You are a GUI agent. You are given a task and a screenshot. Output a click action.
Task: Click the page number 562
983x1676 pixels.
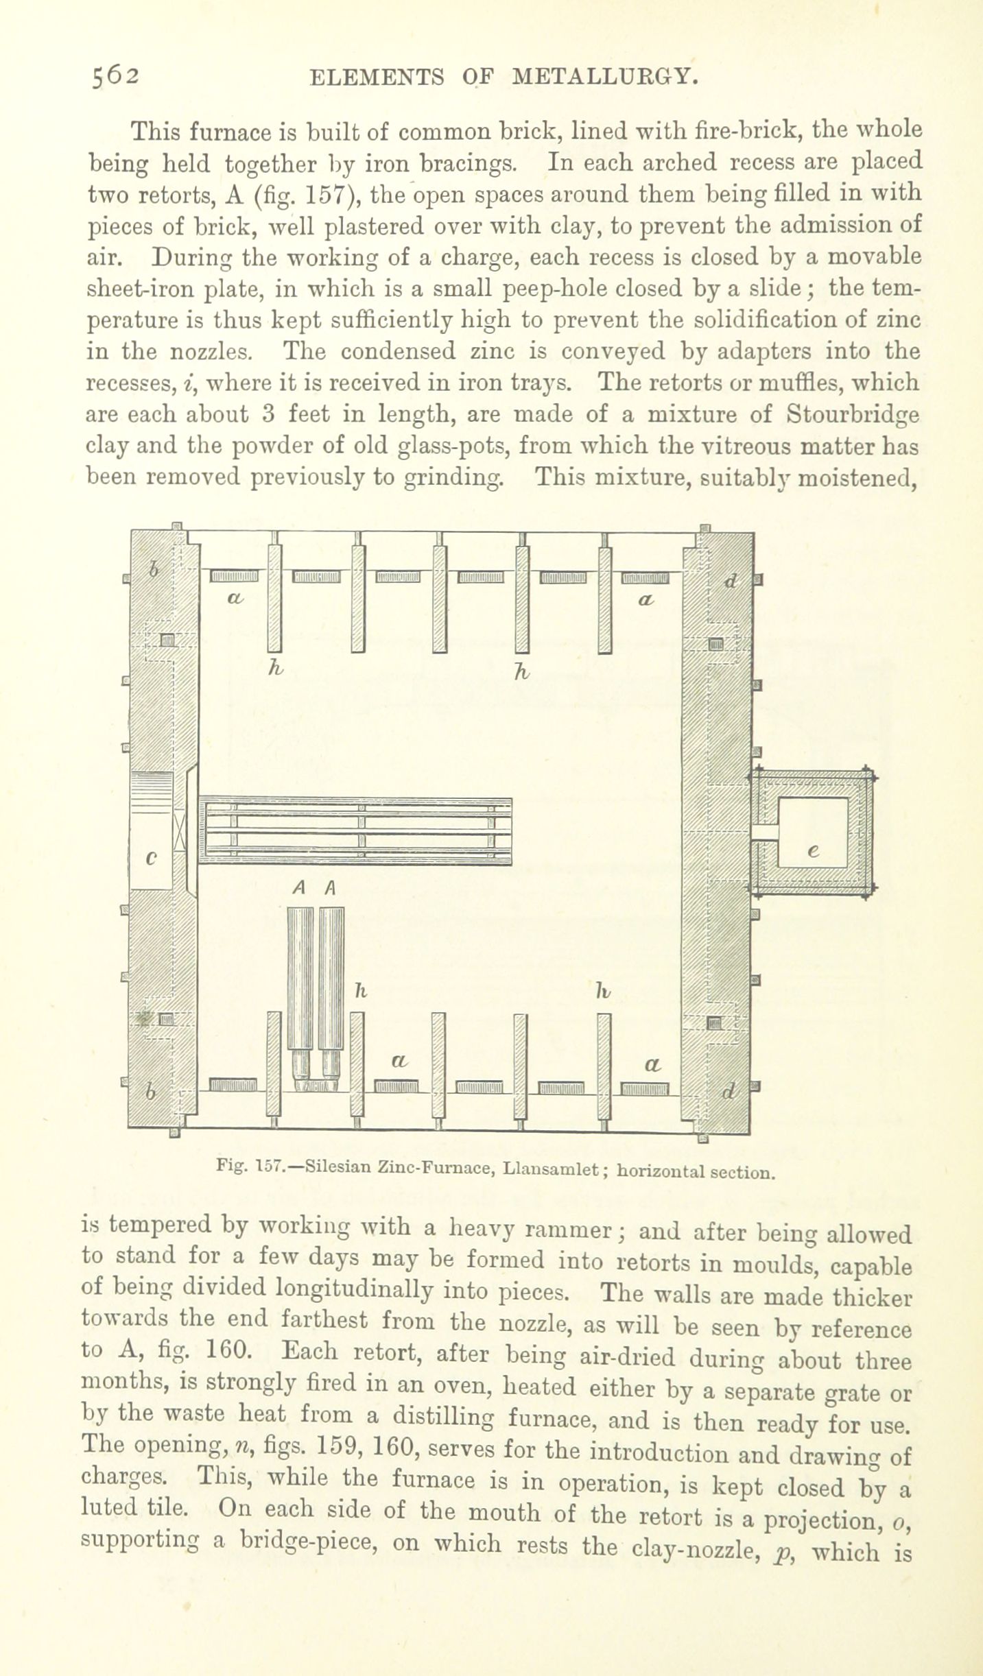[117, 75]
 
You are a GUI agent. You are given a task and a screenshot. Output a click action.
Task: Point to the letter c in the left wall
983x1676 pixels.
[152, 858]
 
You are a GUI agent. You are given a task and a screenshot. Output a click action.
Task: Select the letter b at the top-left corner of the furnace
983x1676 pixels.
[154, 568]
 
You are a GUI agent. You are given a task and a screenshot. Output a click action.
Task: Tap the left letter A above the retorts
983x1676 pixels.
[298, 888]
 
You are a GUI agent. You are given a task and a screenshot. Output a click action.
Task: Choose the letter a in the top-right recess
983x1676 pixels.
[646, 599]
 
